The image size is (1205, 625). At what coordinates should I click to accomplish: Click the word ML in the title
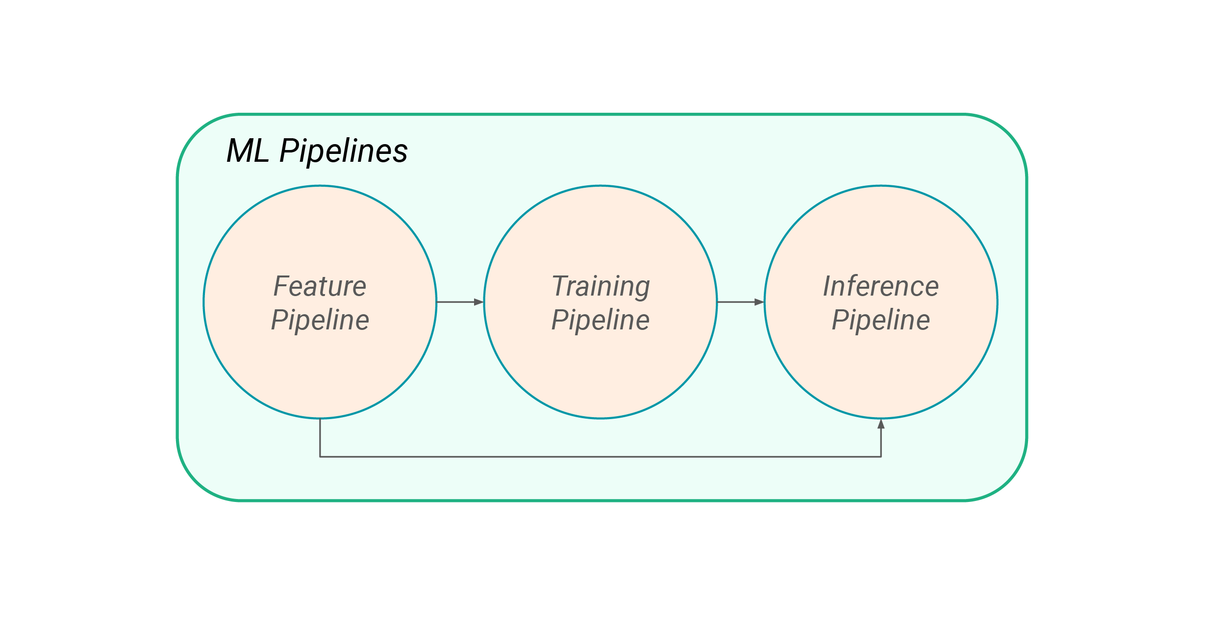point(248,151)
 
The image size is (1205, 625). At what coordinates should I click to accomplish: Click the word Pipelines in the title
point(343,151)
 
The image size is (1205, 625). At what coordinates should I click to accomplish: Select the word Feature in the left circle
point(320,286)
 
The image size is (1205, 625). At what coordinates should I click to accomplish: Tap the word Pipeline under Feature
point(320,321)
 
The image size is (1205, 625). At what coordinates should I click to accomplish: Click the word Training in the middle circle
point(601,286)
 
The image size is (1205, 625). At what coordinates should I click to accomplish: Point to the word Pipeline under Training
point(601,321)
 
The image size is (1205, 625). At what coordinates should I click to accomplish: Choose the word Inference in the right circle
point(880,286)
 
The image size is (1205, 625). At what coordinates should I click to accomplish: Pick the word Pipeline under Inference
point(880,321)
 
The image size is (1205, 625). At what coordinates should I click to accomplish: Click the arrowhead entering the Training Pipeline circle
point(479,302)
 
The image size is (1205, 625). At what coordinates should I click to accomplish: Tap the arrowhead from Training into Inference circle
point(759,302)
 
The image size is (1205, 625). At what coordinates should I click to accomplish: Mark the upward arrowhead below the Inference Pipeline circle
point(881,425)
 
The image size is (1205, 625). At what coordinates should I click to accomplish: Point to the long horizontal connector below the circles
point(601,457)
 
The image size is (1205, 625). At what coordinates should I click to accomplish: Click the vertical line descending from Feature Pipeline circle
point(320,437)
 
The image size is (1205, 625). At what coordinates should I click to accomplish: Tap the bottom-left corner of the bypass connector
point(320,457)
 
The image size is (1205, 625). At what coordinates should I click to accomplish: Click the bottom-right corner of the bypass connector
point(881,457)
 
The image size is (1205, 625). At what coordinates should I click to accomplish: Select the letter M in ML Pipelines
point(240,151)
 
